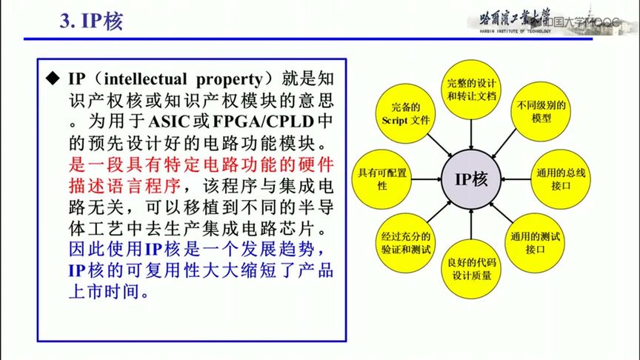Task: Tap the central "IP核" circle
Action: pos(472,179)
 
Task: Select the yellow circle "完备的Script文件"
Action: pos(406,113)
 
